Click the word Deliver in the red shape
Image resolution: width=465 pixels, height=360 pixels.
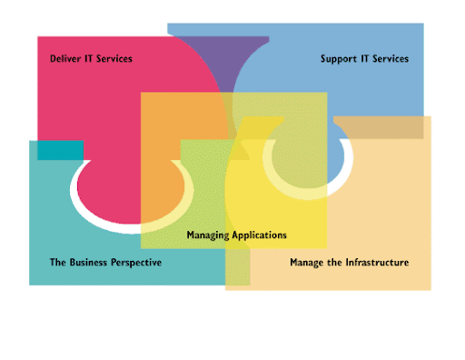point(65,58)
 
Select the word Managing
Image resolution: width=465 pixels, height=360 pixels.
point(208,235)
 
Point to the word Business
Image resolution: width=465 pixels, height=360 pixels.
point(88,262)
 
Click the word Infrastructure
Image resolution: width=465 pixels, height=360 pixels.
point(377,262)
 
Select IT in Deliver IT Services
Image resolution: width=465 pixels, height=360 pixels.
point(88,58)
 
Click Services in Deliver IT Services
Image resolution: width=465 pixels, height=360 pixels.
point(114,58)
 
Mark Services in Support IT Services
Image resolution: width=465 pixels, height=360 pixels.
point(391,58)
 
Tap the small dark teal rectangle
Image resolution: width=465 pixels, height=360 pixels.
point(61,150)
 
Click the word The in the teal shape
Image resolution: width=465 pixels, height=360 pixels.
point(58,262)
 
